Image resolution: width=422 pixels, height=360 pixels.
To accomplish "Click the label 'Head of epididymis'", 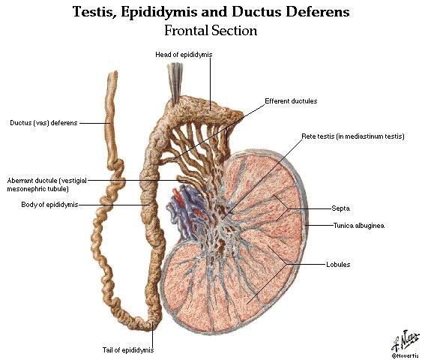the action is [184, 55].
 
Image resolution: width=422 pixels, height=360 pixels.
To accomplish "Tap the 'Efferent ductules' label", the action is [291, 101].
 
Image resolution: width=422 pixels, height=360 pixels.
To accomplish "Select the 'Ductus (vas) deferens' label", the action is [43, 123].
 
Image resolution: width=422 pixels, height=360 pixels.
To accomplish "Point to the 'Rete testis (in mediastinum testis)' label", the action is [353, 136].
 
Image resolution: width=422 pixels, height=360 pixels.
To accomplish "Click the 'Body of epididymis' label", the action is [49, 205].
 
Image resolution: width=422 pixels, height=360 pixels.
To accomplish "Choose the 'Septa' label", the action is [341, 208].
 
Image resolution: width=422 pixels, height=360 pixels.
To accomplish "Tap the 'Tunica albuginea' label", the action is [359, 225].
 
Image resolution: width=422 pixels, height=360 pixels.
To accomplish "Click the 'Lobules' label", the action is [338, 265].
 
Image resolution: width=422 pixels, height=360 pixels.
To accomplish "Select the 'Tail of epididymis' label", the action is [128, 350].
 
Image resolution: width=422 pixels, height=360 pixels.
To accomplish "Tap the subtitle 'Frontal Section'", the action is [211, 30].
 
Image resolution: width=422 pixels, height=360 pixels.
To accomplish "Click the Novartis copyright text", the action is [406, 356].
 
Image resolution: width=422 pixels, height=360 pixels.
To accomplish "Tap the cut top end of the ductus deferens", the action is [112, 73].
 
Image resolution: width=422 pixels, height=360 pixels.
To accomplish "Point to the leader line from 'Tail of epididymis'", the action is [153, 334].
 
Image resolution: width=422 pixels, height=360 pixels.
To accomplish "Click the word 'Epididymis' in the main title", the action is [159, 13].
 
